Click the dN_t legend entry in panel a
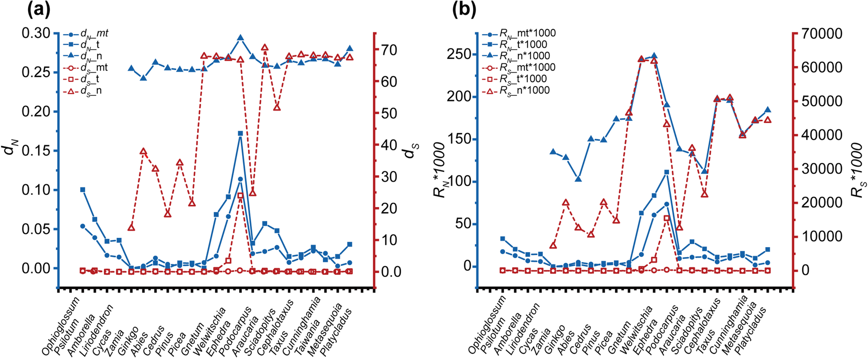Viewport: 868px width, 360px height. tap(89, 45)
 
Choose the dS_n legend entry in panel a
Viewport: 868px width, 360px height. tap(89, 91)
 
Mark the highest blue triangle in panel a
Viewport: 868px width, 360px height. tap(240, 38)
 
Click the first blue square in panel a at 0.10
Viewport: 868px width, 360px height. tap(83, 190)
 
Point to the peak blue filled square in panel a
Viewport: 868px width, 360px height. tap(240, 133)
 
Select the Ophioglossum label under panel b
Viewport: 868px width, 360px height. tap(487, 328)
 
